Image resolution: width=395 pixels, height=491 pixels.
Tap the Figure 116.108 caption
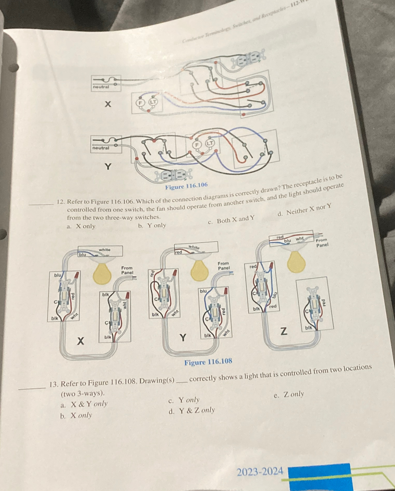pyautogui.click(x=208, y=362)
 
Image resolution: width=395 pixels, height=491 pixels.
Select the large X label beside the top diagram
pyautogui.click(x=108, y=104)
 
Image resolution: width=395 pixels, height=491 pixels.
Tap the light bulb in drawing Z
pyautogui.click(x=296, y=262)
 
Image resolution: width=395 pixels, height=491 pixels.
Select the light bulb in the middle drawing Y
pyautogui.click(x=199, y=270)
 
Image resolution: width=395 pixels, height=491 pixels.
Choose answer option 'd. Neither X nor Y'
pyautogui.click(x=305, y=210)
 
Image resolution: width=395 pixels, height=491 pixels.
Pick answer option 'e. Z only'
pyautogui.click(x=289, y=395)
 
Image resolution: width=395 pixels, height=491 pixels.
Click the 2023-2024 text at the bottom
pyautogui.click(x=260, y=472)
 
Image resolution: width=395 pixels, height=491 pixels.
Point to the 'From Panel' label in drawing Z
pyautogui.click(x=322, y=242)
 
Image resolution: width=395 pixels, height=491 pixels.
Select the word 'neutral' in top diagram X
pyautogui.click(x=101, y=87)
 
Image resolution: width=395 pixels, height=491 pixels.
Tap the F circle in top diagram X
pyautogui.click(x=141, y=103)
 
